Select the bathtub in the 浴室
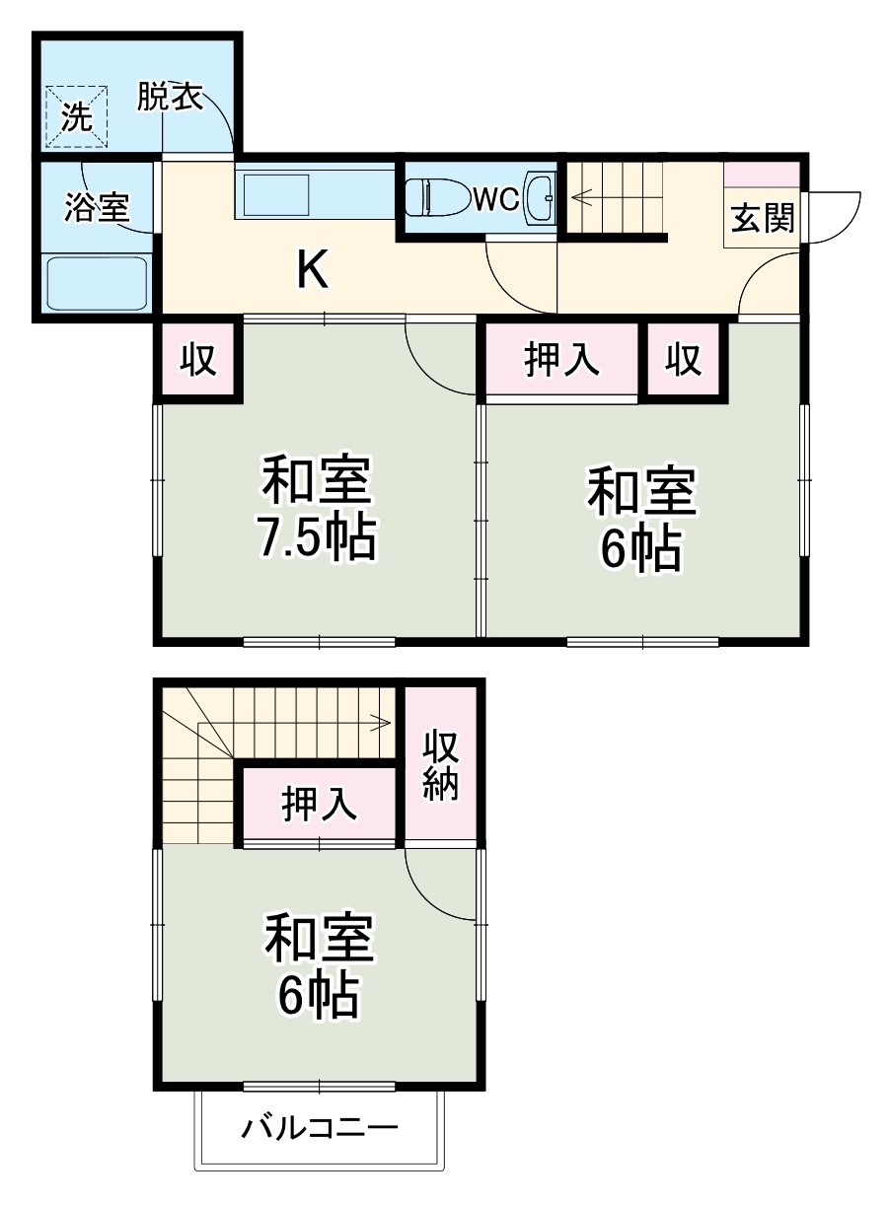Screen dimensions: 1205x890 pyautogui.click(x=98, y=281)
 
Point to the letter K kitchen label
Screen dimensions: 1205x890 pyautogui.click(x=313, y=268)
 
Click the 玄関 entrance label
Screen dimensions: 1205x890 pyautogui.click(x=762, y=218)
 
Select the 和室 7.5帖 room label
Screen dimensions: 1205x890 pyautogui.click(x=317, y=509)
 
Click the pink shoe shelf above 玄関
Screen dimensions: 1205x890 pyautogui.click(x=762, y=175)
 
